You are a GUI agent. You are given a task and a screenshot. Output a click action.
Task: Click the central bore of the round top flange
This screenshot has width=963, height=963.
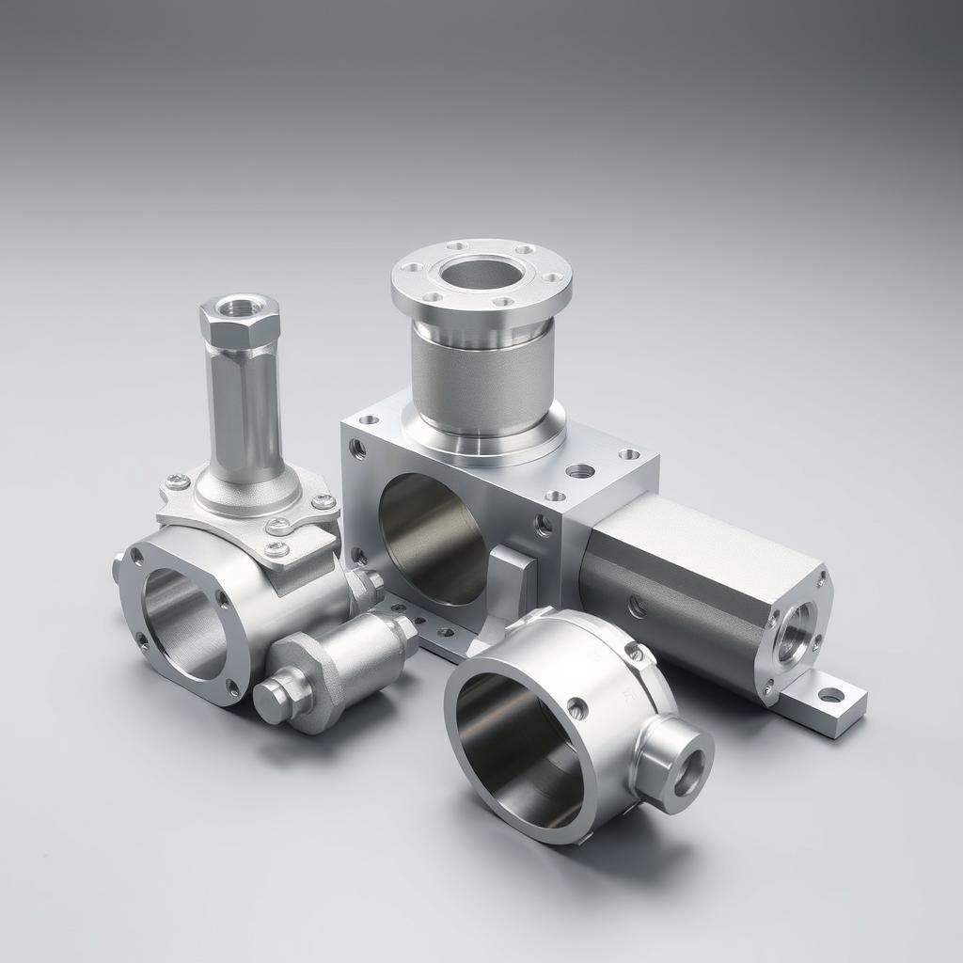point(481,274)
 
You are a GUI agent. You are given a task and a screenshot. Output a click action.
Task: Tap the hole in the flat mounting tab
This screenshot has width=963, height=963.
point(830,696)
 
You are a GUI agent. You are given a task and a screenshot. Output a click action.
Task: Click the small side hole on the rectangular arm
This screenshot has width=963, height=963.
point(638,608)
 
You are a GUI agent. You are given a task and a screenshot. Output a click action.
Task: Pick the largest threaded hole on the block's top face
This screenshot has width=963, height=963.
point(580,470)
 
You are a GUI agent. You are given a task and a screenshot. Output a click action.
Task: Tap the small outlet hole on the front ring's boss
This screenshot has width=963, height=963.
point(689,771)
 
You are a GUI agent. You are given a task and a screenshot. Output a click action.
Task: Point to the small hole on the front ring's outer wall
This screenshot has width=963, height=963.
point(576,708)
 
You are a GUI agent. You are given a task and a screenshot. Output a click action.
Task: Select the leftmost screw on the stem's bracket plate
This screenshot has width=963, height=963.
point(177,482)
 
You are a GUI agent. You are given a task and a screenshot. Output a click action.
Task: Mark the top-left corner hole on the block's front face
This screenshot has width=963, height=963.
point(358,449)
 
